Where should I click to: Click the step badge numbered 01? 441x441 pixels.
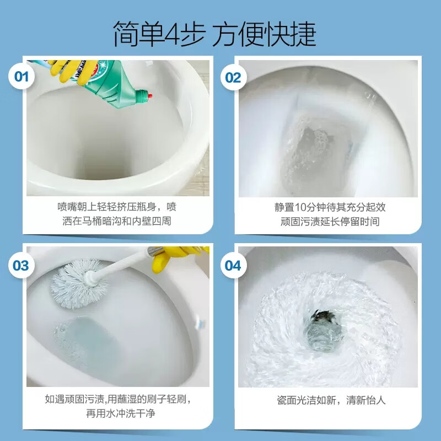click(21, 77)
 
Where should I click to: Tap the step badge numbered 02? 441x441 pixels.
click(233, 77)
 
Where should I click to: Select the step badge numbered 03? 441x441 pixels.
click(21, 266)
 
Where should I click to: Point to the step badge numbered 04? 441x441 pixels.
click(233, 266)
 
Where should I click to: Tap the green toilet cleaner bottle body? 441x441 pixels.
click(107, 77)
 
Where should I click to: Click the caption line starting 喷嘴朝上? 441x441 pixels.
click(117, 207)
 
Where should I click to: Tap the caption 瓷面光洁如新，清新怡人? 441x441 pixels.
click(331, 400)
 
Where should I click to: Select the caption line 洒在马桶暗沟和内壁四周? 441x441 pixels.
click(117, 222)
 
